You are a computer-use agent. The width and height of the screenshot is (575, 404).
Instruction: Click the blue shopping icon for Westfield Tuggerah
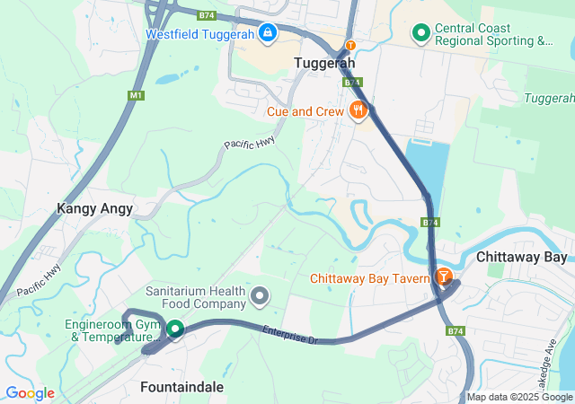click(x=266, y=34)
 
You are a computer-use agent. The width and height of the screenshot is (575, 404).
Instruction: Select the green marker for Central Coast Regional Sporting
click(x=420, y=34)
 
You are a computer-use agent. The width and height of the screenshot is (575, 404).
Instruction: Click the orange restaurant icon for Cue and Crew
click(x=358, y=111)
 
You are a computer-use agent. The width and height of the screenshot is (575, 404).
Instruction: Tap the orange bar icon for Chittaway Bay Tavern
click(x=443, y=277)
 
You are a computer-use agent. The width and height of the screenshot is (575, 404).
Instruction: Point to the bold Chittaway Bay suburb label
click(x=521, y=257)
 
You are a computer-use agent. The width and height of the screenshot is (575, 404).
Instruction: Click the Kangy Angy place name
click(x=94, y=208)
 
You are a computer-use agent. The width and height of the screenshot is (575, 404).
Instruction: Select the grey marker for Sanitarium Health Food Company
click(x=261, y=294)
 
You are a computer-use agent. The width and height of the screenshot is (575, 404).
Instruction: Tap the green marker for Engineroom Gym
click(x=173, y=329)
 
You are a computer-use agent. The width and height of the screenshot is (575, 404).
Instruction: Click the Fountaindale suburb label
click(x=182, y=387)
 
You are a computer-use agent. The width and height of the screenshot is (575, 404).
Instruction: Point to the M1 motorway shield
click(x=137, y=94)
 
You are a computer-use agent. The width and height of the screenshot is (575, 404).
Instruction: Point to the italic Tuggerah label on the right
click(x=549, y=97)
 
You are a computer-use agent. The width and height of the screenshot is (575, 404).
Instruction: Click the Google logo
click(x=30, y=393)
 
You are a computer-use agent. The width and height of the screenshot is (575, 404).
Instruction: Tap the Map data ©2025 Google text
click(x=518, y=397)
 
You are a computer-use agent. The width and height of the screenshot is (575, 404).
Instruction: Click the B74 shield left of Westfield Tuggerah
click(x=207, y=15)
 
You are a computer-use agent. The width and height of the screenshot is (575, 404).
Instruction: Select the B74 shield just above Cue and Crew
click(x=351, y=83)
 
